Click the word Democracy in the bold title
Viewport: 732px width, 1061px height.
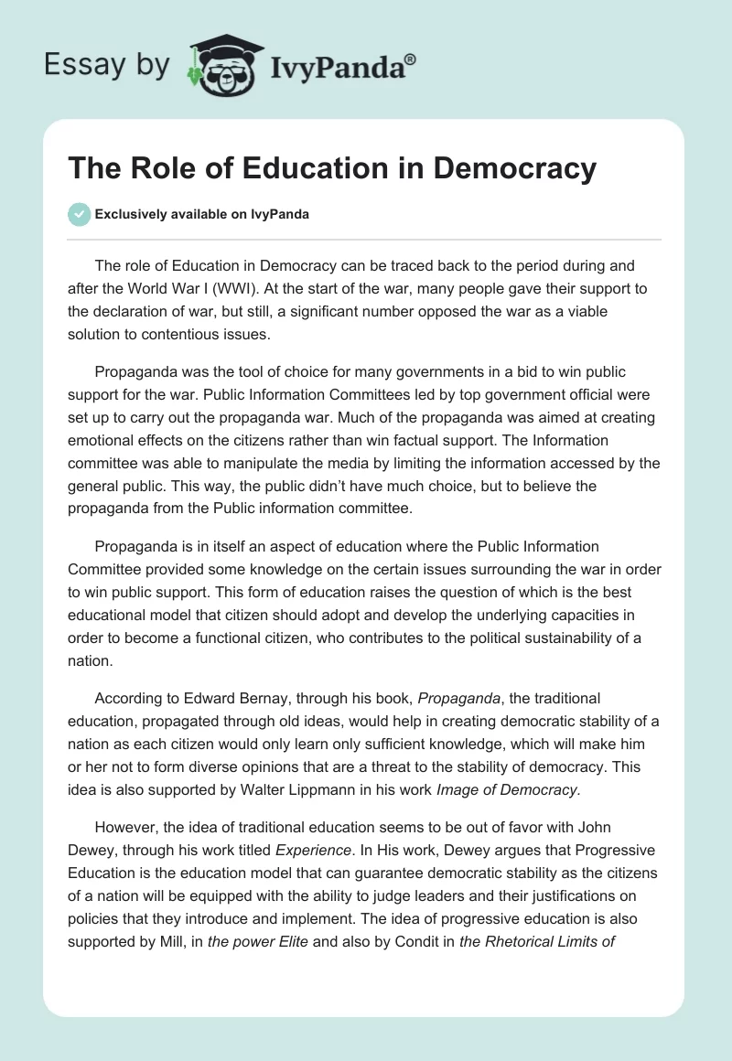click(514, 168)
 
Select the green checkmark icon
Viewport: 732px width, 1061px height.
click(78, 214)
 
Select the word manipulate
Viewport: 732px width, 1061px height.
click(253, 464)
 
